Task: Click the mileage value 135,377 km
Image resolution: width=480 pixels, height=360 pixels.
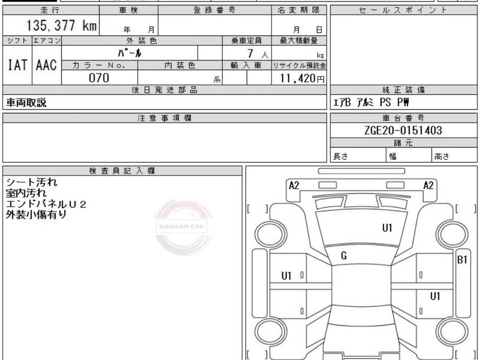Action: coord(61,25)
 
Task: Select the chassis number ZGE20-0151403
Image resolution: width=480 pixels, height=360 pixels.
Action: coord(403,130)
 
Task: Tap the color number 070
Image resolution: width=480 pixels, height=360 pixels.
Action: coord(99,78)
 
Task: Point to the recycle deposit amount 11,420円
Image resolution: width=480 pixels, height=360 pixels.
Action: coord(301,78)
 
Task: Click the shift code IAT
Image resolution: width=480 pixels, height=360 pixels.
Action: coord(17,65)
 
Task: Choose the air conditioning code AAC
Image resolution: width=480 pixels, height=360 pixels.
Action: coord(47,65)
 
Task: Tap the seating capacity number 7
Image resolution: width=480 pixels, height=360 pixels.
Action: coord(250,53)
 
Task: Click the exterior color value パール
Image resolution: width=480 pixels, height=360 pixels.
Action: coord(129,53)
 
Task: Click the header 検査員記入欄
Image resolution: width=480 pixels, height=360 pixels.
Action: coord(122,171)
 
